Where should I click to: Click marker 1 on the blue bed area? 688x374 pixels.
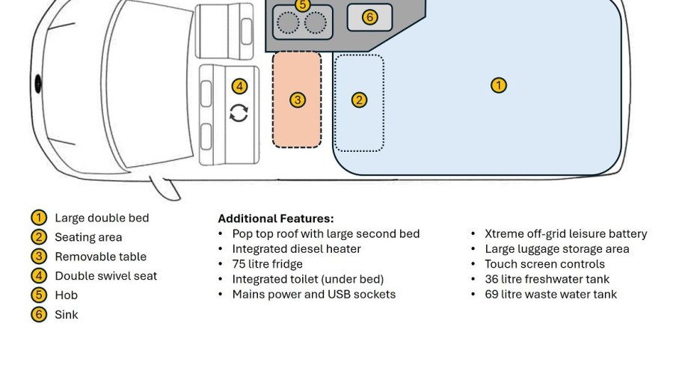(x=499, y=85)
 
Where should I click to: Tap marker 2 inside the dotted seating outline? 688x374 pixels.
(x=359, y=100)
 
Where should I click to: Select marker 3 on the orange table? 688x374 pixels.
(x=298, y=100)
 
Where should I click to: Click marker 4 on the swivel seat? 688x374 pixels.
(x=239, y=87)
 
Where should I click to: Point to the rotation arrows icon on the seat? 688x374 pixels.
(x=239, y=113)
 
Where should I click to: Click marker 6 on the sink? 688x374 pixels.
(x=370, y=17)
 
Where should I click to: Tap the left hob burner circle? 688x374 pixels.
(x=288, y=22)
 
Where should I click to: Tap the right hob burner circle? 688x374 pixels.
(x=315, y=22)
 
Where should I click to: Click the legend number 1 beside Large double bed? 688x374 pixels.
(x=39, y=218)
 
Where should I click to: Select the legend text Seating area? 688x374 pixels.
(x=88, y=237)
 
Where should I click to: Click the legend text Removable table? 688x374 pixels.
(x=100, y=257)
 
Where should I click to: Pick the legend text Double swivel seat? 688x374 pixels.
(x=105, y=276)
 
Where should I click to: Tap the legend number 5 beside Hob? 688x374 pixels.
(x=39, y=295)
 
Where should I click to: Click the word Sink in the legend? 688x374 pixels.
(x=67, y=315)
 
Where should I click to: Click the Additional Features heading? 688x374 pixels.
(x=276, y=218)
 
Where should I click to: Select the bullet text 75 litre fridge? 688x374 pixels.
(x=267, y=264)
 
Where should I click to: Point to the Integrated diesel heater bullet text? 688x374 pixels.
(x=296, y=249)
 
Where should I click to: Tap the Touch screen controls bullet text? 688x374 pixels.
(x=544, y=264)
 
